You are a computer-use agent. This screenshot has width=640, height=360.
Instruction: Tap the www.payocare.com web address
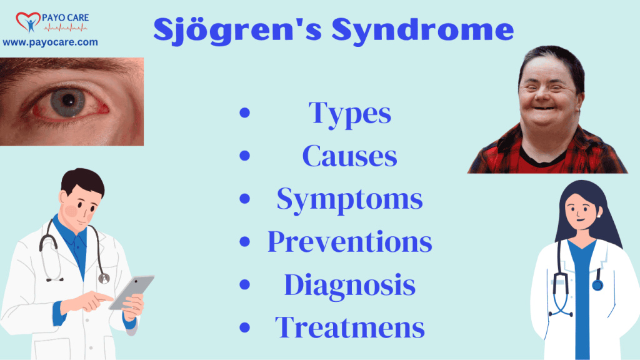coord(51,42)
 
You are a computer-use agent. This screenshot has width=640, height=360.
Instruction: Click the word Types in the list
coord(350,114)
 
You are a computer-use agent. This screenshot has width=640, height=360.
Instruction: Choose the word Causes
coord(350,156)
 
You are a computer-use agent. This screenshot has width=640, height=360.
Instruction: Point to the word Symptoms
coord(350,199)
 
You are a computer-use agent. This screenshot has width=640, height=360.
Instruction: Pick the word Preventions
coord(350,242)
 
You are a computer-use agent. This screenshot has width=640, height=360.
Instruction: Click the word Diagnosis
coord(350,285)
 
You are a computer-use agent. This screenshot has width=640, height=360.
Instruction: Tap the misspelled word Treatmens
coord(350,327)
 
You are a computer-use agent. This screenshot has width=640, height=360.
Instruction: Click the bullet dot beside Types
coord(244,114)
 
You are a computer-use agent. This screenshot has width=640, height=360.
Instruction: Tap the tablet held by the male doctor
coord(131,291)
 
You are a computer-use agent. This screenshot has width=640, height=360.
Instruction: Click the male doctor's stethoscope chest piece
coord(104,277)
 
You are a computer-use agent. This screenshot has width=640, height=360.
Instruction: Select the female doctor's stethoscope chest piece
coord(597,285)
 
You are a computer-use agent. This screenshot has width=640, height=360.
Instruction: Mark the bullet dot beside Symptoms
coord(244,200)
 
